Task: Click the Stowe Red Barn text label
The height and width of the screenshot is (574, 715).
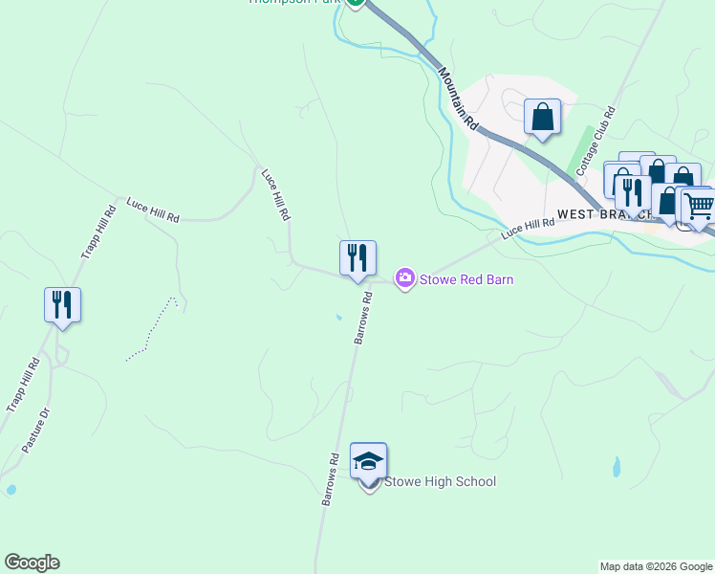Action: point(467,279)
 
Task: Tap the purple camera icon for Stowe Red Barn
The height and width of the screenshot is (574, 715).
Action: point(405,278)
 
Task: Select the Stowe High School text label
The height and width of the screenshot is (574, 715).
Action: point(440,481)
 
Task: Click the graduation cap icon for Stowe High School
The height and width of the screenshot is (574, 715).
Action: point(368,461)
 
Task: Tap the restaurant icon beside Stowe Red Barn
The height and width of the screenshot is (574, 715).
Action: point(357,257)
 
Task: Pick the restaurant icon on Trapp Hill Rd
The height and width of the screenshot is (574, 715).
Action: point(62,304)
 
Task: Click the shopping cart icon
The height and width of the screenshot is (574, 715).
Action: point(700,205)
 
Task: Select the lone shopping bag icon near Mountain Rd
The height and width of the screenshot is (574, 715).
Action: point(542,117)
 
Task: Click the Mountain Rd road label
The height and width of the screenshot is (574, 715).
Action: point(458,98)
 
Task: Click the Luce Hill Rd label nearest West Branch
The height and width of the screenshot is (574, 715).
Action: point(528,230)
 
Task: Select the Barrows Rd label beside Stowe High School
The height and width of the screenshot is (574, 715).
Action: point(331,478)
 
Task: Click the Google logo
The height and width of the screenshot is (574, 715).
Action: point(32,563)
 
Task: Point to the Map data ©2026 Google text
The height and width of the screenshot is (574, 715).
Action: point(656,566)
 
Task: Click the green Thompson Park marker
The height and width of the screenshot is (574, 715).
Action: point(356,3)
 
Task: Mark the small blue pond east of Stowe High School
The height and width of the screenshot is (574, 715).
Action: point(617,467)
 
